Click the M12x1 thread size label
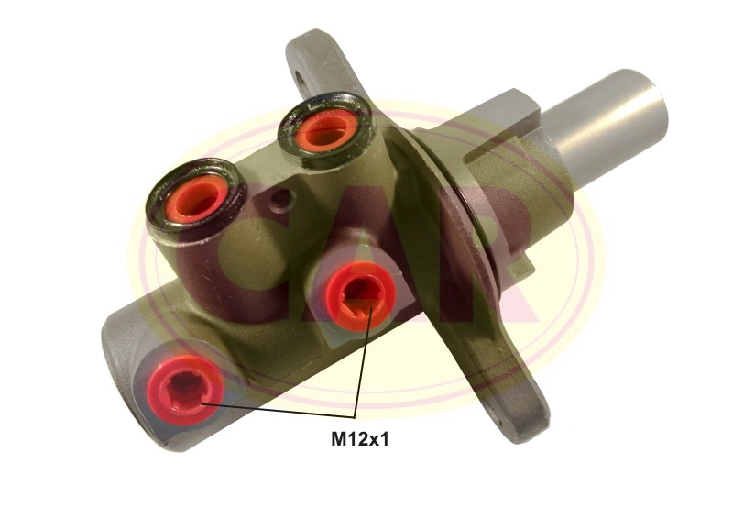tap(359, 439)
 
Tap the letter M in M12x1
tap(338, 439)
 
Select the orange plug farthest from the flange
tap(197, 197)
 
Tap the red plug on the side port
tap(360, 297)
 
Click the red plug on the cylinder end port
tap(185, 390)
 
